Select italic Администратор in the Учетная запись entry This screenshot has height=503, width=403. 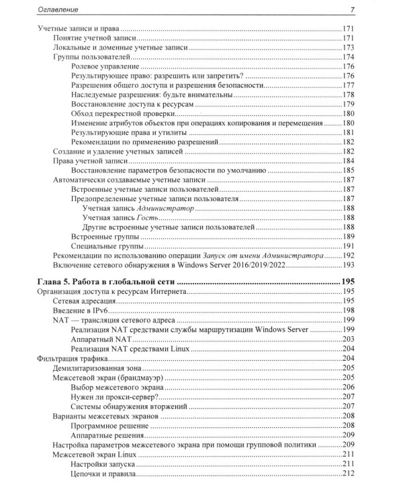click(x=165, y=209)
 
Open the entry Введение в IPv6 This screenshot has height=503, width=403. click(x=83, y=311)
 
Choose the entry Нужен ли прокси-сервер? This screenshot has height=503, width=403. click(x=114, y=396)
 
